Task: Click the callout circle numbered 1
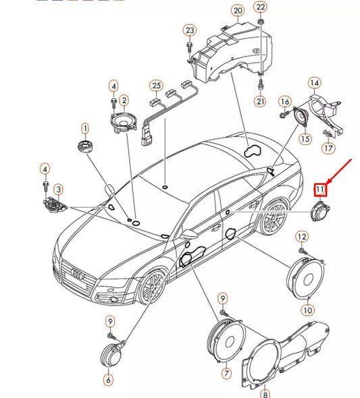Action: pos(85,127)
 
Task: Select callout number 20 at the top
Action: pos(237,11)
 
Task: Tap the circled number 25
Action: pos(157,86)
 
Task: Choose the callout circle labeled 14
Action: pos(314,83)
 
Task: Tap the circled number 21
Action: pos(261,101)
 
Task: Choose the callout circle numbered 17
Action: pos(328,148)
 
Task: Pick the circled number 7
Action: pos(226,373)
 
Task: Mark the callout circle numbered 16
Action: pos(284,101)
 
